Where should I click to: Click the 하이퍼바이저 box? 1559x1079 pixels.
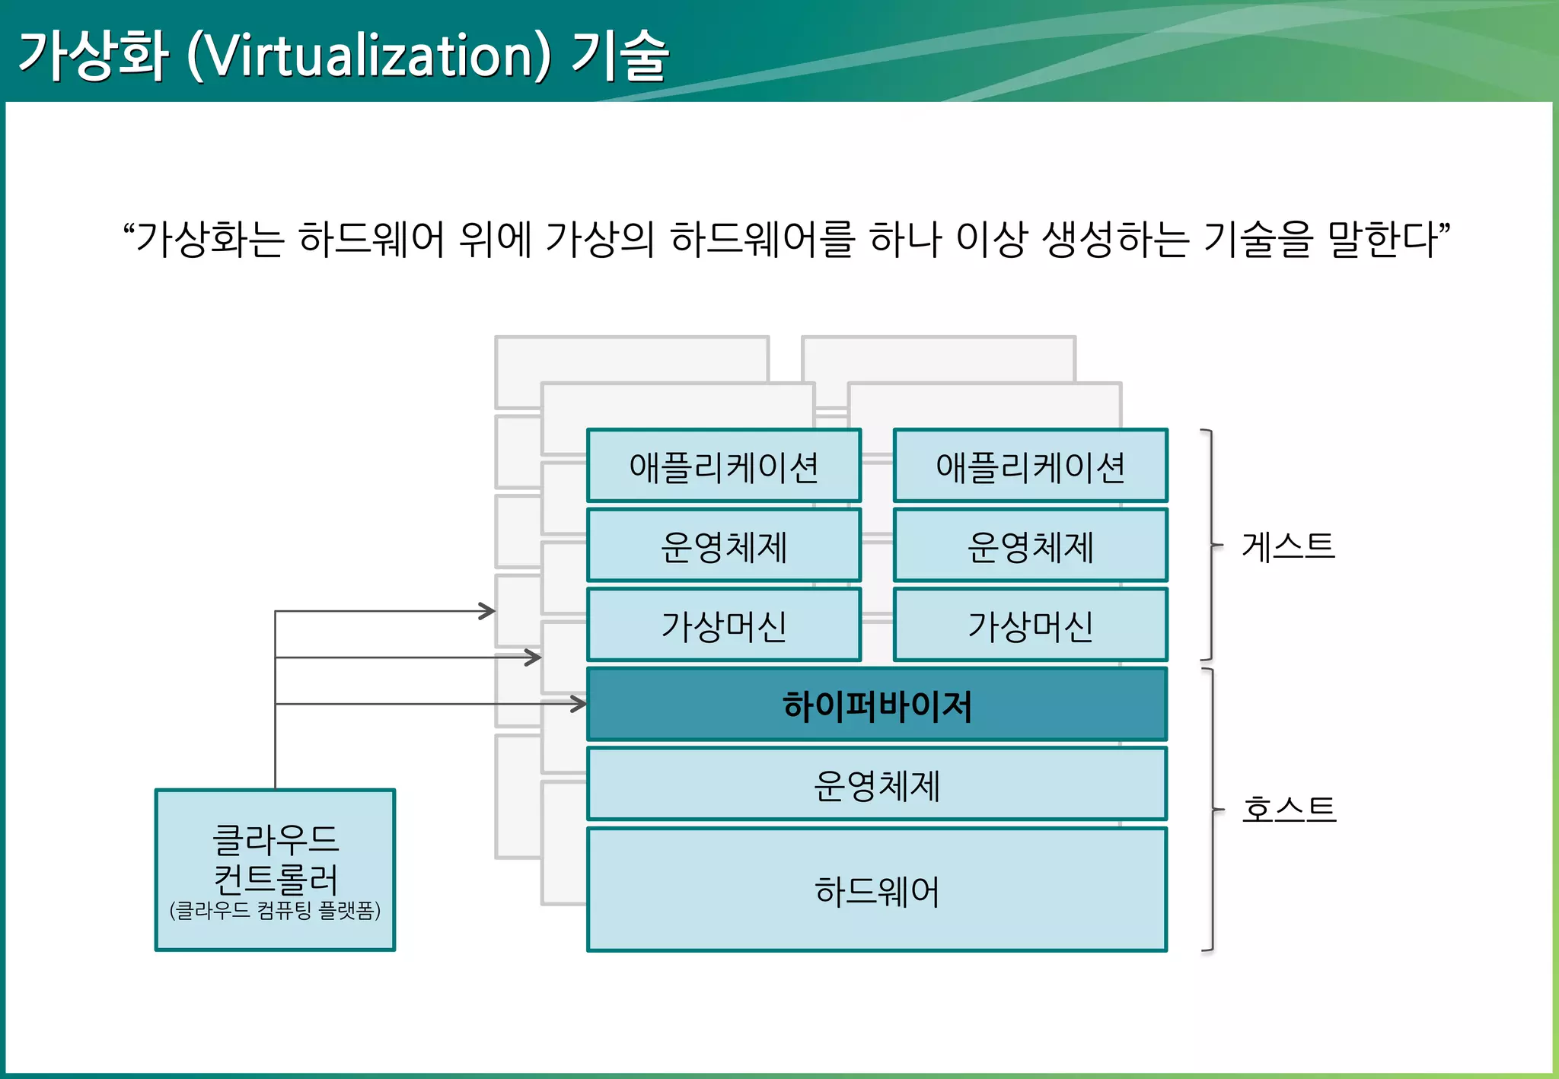point(876,705)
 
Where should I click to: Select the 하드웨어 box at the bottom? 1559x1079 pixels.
point(876,890)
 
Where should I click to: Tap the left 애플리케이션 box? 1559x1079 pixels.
point(723,466)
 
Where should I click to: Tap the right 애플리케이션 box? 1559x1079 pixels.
point(1030,466)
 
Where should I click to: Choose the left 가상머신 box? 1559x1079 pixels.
point(723,625)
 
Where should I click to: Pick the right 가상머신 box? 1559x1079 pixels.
point(1030,625)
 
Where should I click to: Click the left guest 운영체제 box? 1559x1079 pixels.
point(723,546)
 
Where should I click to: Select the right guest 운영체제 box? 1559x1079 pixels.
point(1030,546)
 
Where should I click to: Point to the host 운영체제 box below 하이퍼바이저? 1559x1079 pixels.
point(876,785)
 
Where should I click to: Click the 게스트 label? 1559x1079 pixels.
point(1288,546)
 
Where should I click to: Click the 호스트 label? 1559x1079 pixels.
point(1288,809)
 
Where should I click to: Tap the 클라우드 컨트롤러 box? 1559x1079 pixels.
point(275,860)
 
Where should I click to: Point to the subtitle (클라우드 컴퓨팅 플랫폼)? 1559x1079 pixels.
point(275,910)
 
